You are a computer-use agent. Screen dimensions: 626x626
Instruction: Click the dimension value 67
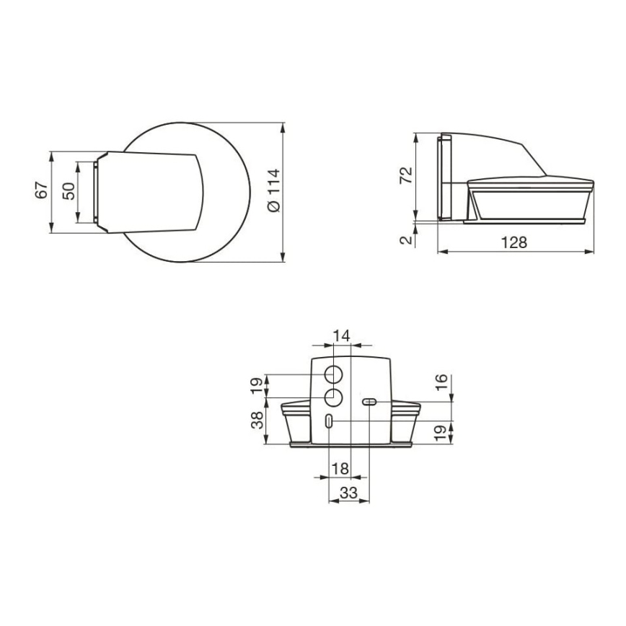(42, 191)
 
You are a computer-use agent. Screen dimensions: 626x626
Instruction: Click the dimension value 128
(514, 242)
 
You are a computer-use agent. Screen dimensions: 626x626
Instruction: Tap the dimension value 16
(442, 384)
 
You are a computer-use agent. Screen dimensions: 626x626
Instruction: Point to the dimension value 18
(340, 469)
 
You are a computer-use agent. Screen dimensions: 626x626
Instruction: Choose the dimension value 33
(349, 493)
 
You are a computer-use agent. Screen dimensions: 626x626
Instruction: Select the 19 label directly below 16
(442, 433)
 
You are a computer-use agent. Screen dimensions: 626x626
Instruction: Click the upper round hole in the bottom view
(333, 375)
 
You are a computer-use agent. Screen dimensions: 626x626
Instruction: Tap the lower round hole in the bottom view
(333, 397)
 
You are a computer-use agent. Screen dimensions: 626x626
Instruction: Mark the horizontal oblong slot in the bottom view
(369, 401)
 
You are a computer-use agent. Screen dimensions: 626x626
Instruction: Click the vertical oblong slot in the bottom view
(329, 423)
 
